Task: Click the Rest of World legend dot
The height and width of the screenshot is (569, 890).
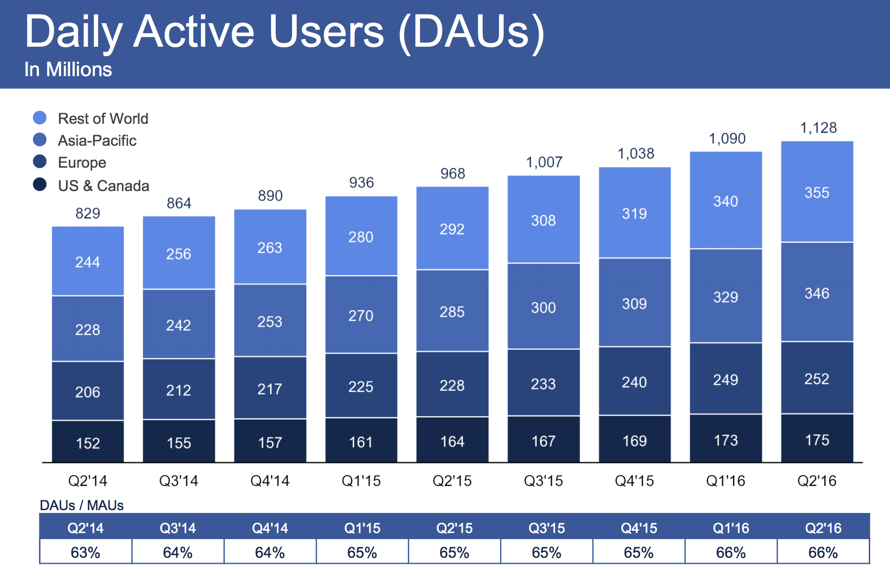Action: [x=40, y=118]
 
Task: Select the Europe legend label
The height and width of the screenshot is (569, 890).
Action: [x=82, y=163]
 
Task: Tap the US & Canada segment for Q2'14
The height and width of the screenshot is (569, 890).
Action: [x=88, y=442]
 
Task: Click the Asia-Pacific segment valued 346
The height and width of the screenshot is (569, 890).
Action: [x=817, y=293]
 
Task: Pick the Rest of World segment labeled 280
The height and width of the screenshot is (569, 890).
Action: [x=361, y=236]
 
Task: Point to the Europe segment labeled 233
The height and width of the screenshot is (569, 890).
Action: [x=543, y=383]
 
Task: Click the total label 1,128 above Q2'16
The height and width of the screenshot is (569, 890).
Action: [x=818, y=128]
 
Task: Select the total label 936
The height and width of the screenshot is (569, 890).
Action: [x=361, y=182]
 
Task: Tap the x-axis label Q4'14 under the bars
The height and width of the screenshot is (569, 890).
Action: [x=270, y=481]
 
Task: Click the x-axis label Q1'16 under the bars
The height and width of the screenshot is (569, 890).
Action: [x=725, y=481]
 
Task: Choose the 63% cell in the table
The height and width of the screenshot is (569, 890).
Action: [x=85, y=552]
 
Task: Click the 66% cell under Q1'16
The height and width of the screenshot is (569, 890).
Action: [x=731, y=552]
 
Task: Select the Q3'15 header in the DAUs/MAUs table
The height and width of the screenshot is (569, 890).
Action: [x=546, y=528]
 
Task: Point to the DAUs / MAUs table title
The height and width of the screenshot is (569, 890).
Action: [x=82, y=505]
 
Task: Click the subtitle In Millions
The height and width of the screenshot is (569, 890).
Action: [x=68, y=69]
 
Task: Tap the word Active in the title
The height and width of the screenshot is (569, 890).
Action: [x=194, y=32]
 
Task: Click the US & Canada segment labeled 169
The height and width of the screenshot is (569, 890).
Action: [x=634, y=440]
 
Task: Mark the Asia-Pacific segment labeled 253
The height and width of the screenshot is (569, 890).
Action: [x=270, y=321]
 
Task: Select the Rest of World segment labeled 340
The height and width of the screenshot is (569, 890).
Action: [x=726, y=201]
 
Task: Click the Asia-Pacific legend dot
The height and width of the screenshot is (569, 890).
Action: [x=40, y=140]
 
